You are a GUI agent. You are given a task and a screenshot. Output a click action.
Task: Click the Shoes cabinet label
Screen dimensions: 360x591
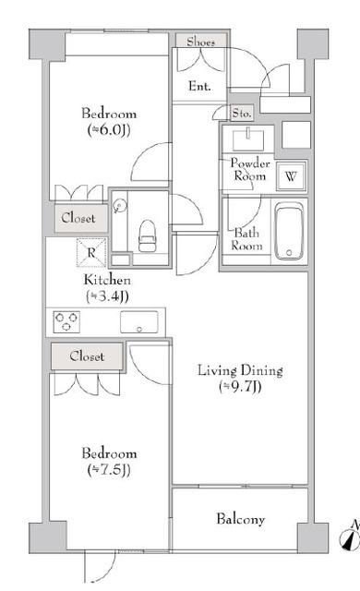(x=200, y=41)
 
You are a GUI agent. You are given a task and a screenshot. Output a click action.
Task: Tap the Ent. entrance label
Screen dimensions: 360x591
(x=199, y=86)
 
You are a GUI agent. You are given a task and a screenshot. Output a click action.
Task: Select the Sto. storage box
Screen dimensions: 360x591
(x=241, y=113)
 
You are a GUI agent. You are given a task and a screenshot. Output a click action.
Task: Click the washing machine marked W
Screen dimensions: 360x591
(x=291, y=176)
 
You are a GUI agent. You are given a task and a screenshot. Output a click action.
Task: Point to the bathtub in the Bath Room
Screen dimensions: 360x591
(x=289, y=231)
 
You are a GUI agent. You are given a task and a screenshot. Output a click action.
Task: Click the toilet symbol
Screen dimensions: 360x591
(x=147, y=236)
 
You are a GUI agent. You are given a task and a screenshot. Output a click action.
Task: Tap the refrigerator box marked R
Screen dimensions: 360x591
(x=91, y=252)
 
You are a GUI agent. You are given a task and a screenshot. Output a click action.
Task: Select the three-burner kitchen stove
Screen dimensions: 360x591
(x=66, y=321)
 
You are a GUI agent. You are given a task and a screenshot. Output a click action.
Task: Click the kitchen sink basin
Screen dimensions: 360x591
(x=139, y=322)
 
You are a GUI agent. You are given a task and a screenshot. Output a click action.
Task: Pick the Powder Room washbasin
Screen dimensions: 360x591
(x=248, y=139)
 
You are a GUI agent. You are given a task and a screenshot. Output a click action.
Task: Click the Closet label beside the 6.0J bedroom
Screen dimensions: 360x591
(x=78, y=218)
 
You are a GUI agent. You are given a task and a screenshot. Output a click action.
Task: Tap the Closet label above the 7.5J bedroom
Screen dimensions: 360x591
(x=87, y=356)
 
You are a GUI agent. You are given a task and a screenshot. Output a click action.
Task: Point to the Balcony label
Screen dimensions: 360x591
(x=241, y=519)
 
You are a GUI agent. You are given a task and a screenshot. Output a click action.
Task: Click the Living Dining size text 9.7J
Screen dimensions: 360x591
(x=240, y=387)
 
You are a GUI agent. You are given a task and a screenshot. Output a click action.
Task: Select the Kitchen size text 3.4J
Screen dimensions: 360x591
(x=107, y=296)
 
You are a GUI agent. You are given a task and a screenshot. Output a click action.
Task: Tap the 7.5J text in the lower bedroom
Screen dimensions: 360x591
(x=109, y=470)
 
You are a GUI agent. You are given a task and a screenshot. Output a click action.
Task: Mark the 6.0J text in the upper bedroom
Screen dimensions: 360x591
(x=109, y=130)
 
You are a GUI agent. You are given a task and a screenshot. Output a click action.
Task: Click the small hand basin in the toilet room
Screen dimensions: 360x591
(x=120, y=206)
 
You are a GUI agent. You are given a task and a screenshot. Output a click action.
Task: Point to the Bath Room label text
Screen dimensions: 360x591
(x=246, y=239)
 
